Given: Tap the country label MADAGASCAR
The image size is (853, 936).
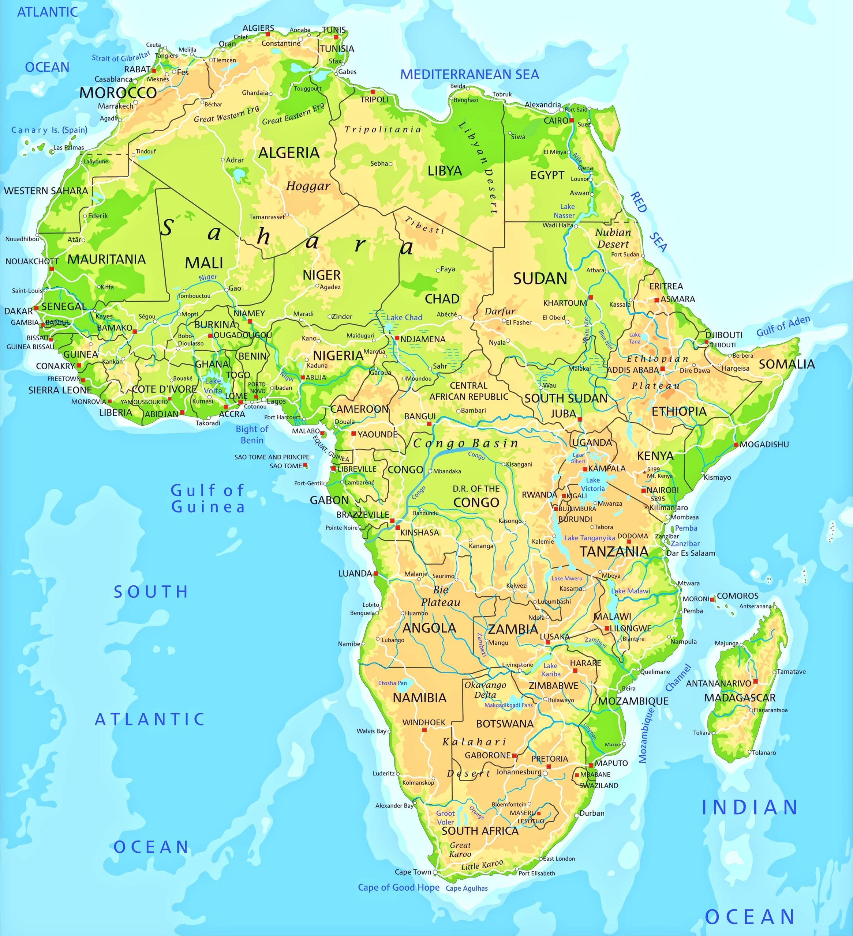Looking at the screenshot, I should (x=740, y=697).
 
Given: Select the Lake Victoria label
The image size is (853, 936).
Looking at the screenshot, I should (x=593, y=484).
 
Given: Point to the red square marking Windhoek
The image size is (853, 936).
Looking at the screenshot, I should (x=424, y=730).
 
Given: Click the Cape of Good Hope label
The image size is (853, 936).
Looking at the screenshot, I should (x=398, y=887).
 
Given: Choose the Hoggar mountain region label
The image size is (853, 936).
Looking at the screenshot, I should (x=308, y=186).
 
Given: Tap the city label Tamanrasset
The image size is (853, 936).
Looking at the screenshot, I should (x=267, y=217).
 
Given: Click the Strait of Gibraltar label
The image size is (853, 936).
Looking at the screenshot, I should (x=121, y=57).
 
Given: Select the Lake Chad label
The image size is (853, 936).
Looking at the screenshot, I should (x=404, y=318).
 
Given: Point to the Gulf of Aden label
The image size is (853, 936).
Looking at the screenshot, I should (x=783, y=325).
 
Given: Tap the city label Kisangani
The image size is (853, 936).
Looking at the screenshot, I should (x=519, y=464).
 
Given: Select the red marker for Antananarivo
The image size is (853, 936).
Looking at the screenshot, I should (x=755, y=681).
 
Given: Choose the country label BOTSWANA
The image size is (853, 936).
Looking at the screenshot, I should (x=505, y=723).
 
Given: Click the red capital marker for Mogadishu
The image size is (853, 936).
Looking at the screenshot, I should (x=736, y=445).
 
